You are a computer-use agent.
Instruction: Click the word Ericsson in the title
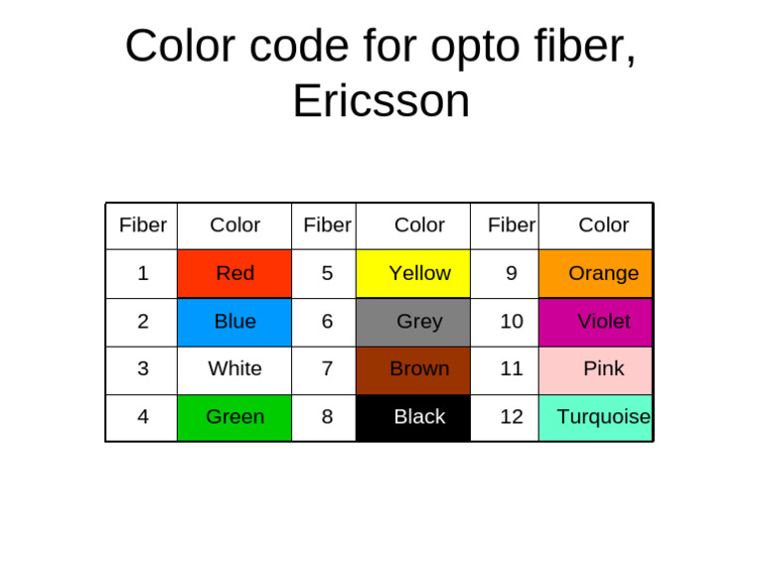point(381,101)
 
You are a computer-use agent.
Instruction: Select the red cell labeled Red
point(234,273)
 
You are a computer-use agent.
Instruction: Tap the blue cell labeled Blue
point(234,322)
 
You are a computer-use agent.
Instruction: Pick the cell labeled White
point(234,369)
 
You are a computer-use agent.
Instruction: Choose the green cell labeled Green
point(234,417)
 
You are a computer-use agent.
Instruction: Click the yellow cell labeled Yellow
point(419,273)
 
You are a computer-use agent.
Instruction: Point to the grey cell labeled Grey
point(419,322)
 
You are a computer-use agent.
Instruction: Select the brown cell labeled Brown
point(419,369)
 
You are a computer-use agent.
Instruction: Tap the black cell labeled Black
point(419,417)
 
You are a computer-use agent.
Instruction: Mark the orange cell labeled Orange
point(602,273)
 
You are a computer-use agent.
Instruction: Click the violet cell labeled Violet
point(602,322)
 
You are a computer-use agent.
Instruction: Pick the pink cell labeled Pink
point(602,369)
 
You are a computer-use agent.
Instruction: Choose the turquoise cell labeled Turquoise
point(602,417)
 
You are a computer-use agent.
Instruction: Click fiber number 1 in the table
point(143,273)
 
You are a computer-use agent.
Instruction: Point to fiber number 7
point(327,369)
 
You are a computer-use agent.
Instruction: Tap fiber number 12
point(512,417)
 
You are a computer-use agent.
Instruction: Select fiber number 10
point(512,322)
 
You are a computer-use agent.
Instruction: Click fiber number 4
point(143,417)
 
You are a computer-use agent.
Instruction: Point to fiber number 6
point(327,322)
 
